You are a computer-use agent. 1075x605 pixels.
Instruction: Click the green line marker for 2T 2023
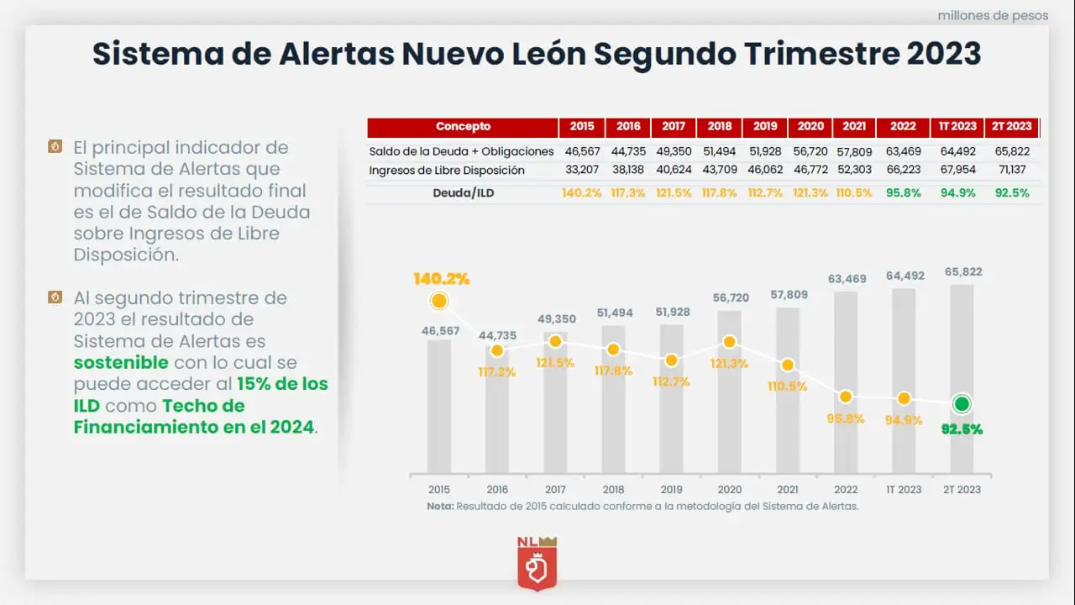tap(962, 404)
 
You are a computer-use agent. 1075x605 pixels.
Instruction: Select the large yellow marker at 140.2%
tap(438, 301)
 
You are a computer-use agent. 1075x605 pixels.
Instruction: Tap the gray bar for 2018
tap(613, 399)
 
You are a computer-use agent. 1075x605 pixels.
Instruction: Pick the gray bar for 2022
tap(846, 381)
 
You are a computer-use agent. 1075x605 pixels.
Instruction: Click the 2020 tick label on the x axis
tap(729, 489)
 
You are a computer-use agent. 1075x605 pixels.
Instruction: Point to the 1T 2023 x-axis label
tap(904, 489)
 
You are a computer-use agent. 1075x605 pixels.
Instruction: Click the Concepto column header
tap(463, 127)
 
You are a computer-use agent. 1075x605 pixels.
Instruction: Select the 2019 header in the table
tap(765, 127)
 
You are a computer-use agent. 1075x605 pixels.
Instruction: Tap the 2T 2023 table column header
tap(1011, 127)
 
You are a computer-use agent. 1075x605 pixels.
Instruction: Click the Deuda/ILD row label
tap(462, 192)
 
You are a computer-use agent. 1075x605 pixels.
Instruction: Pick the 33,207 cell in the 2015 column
tap(581, 171)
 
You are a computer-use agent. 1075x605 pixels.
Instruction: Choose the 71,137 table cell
tap(1011, 171)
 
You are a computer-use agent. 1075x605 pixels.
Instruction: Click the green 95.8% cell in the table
tap(903, 192)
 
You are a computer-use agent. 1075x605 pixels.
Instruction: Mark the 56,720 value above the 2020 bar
tap(729, 298)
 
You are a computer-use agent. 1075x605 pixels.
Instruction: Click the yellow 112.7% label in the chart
tap(671, 381)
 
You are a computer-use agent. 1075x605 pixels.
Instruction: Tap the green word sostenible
tap(121, 363)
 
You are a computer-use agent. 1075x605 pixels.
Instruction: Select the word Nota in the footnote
tap(439, 507)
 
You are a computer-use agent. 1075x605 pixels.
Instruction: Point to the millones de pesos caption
tap(993, 15)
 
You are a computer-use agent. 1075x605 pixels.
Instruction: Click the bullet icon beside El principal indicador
tap(55, 147)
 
